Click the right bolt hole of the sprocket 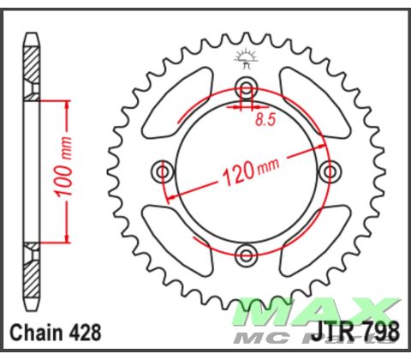click(x=330, y=172)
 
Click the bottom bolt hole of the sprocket click(x=247, y=254)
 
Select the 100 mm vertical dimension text click(x=62, y=171)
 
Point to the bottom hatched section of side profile click(x=32, y=275)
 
